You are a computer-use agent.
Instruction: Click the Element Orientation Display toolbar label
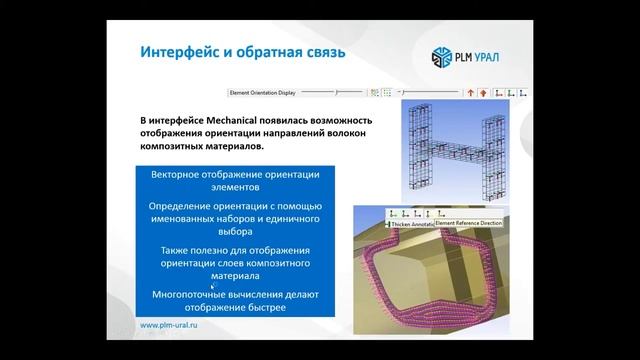pos(264,92)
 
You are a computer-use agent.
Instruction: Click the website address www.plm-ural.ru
pos(176,326)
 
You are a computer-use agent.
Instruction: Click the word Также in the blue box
pos(179,249)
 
